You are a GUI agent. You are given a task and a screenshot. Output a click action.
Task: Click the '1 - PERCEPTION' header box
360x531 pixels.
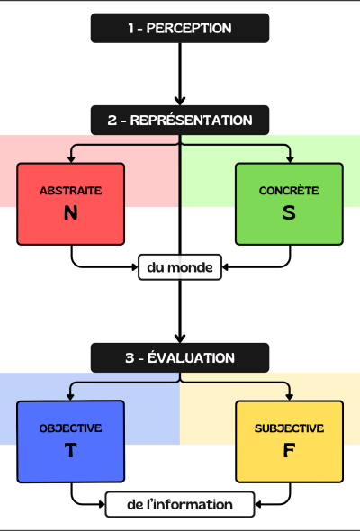tap(180, 28)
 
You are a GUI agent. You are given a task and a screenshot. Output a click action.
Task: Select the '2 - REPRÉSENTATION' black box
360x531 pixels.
tap(180, 120)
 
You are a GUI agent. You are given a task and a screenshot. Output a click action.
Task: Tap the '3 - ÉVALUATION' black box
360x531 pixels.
tap(180, 357)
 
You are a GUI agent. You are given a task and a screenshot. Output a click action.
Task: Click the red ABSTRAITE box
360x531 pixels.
tap(71, 204)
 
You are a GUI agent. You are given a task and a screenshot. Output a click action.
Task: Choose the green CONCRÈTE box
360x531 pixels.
tap(289, 204)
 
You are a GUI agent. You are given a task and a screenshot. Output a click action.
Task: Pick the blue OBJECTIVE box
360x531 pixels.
tap(71, 441)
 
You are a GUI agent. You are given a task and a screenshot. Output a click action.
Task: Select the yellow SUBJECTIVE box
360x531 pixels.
tap(289, 441)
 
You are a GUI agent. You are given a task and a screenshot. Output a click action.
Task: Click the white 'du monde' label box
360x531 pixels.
tap(180, 267)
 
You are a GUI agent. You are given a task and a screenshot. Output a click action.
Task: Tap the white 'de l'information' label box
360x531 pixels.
tap(180, 505)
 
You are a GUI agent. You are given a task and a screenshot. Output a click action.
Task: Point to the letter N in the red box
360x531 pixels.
tap(71, 214)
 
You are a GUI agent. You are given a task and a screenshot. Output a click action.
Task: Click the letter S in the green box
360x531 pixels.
tap(289, 214)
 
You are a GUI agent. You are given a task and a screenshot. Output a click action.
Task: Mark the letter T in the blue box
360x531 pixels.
tap(71, 451)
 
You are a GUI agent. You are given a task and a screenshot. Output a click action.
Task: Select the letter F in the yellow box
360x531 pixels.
tap(289, 451)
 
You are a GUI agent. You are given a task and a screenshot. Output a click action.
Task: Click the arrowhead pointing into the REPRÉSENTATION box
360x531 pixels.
tap(180, 101)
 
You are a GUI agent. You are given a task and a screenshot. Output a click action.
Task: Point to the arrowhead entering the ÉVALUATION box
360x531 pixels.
tap(180, 338)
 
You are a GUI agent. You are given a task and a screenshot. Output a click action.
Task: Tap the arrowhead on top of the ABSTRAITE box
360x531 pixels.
tap(71, 158)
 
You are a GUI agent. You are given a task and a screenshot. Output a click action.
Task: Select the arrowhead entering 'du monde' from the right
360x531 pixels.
tap(227, 267)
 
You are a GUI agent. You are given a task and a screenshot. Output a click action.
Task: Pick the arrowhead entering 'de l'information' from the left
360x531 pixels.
tap(100, 505)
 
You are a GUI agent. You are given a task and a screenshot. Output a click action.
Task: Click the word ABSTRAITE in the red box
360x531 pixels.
tap(71, 192)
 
